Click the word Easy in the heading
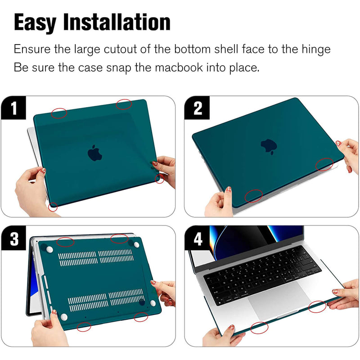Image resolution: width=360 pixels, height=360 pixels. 35,23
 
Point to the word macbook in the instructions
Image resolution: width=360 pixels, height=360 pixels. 179,67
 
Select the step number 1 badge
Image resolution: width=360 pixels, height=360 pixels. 13,108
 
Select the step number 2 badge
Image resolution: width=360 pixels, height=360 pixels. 197,108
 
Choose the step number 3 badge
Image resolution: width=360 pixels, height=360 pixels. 14,238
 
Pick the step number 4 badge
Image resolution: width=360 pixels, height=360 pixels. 197,238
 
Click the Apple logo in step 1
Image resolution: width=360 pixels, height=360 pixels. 94,153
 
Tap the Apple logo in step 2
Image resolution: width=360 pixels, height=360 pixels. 269,146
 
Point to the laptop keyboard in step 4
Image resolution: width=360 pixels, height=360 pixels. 262,274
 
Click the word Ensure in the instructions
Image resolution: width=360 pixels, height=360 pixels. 32,49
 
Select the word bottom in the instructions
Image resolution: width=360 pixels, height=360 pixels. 192,49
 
